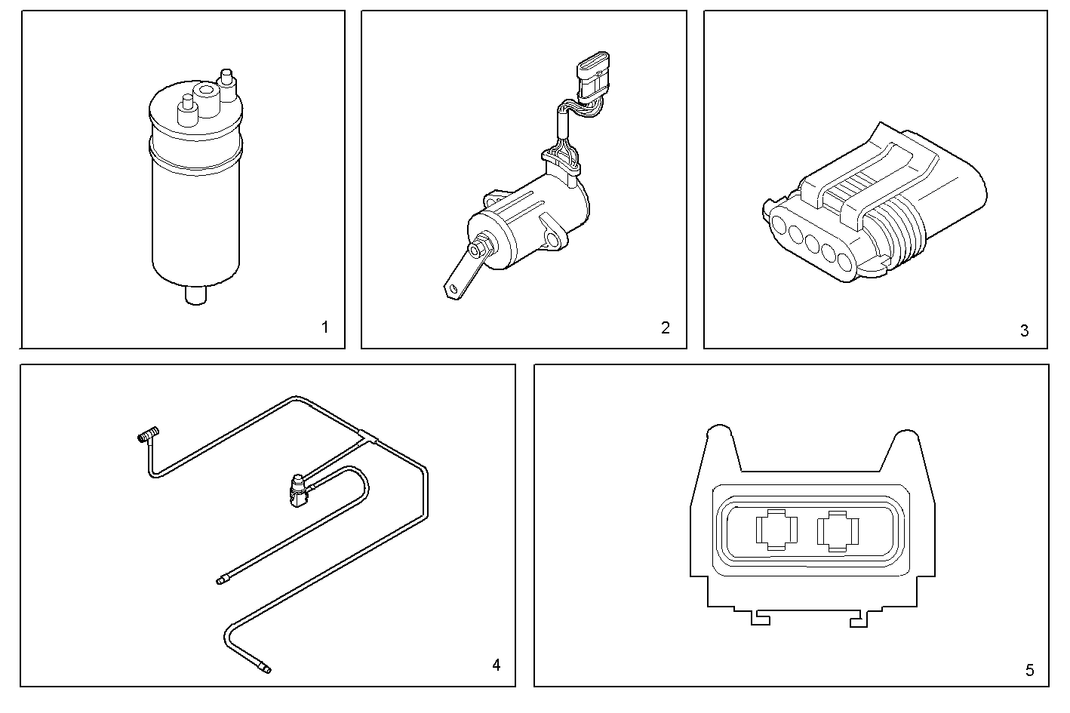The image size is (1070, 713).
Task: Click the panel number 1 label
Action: (324, 327)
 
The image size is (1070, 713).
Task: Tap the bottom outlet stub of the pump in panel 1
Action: (195, 295)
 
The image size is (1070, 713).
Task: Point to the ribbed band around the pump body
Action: (195, 155)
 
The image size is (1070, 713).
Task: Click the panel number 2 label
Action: (665, 327)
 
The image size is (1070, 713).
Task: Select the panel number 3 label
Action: (1024, 330)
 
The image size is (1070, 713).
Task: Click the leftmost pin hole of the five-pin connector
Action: (779, 223)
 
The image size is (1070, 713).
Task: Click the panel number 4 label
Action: (496, 665)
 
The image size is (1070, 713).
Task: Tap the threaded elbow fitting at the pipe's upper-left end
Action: (146, 436)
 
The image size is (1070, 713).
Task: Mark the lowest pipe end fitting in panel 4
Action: (263, 666)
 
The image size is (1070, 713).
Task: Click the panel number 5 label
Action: (1030, 669)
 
